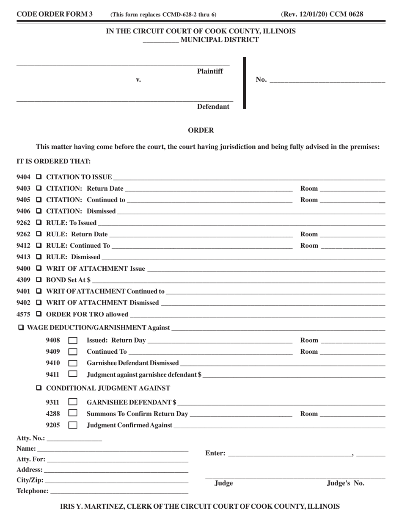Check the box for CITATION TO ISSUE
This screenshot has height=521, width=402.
coord(39,177)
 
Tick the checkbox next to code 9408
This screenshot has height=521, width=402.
coord(73,341)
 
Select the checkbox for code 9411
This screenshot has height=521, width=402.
coord(73,374)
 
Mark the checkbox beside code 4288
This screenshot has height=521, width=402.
coord(73,413)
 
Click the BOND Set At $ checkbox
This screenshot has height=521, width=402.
coord(39,280)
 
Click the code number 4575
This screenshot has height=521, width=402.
coord(23,314)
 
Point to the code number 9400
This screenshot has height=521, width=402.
coord(23,269)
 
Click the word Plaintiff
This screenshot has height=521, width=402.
coord(210,72)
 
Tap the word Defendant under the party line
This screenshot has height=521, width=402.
coord(213,107)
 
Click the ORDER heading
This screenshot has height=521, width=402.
coord(201,130)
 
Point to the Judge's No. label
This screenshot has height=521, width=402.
coord(345,483)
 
